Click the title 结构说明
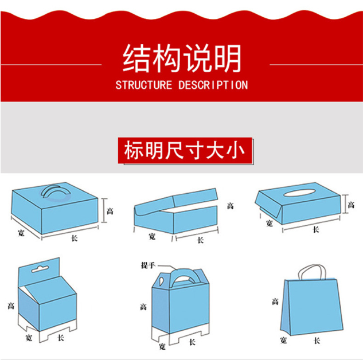[182, 58]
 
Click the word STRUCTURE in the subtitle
[144, 85]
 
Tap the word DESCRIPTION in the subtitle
[213, 85]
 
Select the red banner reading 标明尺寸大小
[185, 151]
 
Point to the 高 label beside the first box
[110, 211]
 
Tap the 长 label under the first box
[75, 238]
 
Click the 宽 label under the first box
[21, 233]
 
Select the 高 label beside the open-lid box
[230, 206]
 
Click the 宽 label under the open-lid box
[152, 236]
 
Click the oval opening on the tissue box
[299, 193]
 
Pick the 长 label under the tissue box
[316, 229]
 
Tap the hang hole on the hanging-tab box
[40, 269]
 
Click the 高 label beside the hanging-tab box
[11, 306]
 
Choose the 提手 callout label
[148, 265]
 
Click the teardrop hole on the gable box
[161, 280]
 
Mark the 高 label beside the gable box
[143, 307]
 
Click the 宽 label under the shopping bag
[284, 340]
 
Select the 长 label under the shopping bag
[317, 341]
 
